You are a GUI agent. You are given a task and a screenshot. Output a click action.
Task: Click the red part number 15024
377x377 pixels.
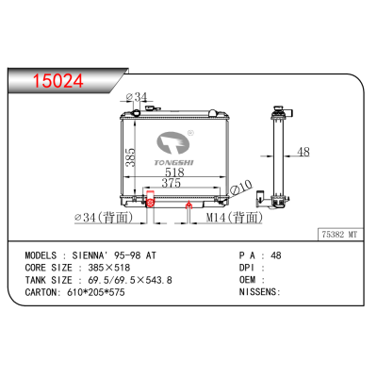(58, 81)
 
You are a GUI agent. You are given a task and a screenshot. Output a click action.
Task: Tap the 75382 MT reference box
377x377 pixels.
(340, 235)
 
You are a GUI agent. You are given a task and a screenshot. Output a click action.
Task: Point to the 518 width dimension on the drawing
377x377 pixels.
(174, 172)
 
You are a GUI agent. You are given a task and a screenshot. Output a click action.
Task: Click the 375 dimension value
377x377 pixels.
(172, 183)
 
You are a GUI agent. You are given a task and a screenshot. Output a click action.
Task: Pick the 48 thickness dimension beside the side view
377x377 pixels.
(303, 152)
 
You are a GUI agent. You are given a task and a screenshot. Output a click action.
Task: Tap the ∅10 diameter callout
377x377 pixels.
(241, 187)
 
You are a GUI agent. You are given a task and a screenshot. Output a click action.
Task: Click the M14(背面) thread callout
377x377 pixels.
(234, 217)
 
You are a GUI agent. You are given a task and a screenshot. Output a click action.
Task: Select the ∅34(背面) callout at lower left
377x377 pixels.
(104, 217)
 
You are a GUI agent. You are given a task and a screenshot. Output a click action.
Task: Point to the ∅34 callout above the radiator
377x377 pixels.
(137, 97)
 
